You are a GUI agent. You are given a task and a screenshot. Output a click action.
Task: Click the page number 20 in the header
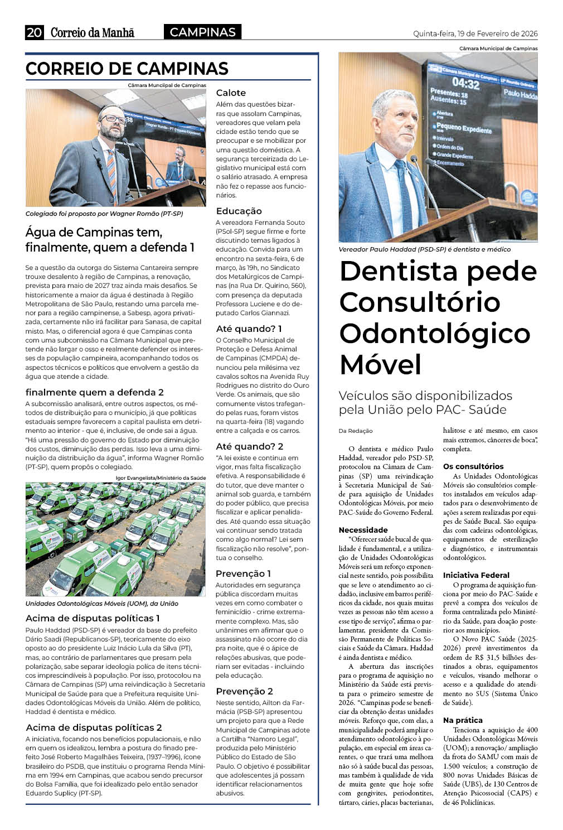point(34,32)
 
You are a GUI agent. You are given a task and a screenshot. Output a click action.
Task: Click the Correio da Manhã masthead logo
point(93,32)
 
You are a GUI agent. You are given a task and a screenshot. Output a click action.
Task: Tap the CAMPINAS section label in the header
point(202,32)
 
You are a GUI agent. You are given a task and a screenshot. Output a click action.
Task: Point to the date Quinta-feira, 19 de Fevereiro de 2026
point(475,33)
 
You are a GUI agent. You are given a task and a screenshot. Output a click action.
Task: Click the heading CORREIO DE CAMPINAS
point(127,69)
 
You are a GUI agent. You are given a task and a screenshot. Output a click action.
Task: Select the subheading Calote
point(231,93)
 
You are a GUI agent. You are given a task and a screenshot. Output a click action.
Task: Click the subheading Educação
point(239,211)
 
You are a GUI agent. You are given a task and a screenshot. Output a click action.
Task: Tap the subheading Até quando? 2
point(249,446)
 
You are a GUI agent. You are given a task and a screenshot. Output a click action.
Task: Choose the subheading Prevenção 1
point(243,573)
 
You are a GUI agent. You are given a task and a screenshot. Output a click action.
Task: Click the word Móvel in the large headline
point(381,365)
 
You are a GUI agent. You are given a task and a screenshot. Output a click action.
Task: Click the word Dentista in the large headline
point(399,271)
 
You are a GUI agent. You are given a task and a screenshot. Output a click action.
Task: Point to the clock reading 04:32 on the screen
point(465,84)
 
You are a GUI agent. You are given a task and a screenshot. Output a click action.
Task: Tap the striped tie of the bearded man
point(112,167)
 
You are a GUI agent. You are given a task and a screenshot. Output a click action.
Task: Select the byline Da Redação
point(355,431)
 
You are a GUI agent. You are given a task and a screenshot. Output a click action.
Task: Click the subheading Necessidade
point(363,530)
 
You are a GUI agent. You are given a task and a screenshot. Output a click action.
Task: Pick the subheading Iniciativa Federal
point(476,575)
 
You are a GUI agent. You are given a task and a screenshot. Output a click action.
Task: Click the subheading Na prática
point(463,720)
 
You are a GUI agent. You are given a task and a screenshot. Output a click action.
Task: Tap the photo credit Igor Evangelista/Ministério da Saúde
point(161,477)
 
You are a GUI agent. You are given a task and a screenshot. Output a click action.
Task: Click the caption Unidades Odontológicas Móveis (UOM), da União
point(102,604)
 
